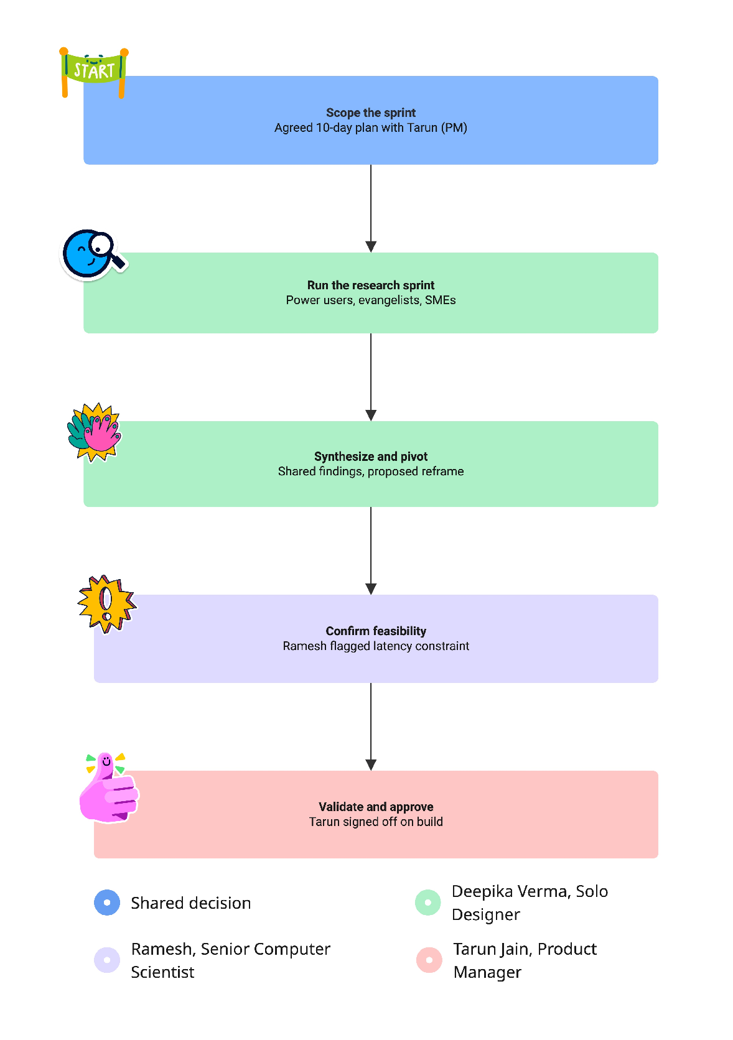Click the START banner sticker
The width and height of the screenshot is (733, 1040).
[x=94, y=72]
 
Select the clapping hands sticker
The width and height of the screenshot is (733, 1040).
[x=95, y=432]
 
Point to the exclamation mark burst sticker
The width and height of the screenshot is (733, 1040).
[x=107, y=604]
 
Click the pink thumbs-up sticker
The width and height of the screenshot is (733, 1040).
[x=109, y=787]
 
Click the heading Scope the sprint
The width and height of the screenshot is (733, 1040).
[x=371, y=113]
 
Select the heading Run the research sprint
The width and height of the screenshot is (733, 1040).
[x=371, y=285]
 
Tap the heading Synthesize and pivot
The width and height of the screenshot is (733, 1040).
[x=371, y=457]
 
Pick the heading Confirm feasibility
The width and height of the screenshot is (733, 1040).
[x=376, y=631]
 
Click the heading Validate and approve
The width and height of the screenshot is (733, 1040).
[x=376, y=807]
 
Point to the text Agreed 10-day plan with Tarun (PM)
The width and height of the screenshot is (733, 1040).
[x=371, y=128]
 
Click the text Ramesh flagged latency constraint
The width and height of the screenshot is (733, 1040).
[x=376, y=646]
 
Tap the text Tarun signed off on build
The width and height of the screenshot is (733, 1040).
[x=376, y=822]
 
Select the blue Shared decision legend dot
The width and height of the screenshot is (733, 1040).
[x=107, y=903]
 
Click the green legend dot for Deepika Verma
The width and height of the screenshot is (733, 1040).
[x=428, y=903]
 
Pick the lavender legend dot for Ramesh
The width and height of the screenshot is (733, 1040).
[x=107, y=960]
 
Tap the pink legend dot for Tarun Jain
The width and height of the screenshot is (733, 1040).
[x=429, y=960]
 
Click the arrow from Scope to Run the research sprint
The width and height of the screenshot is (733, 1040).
[x=371, y=208]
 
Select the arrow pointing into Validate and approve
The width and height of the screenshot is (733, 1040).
[x=371, y=727]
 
